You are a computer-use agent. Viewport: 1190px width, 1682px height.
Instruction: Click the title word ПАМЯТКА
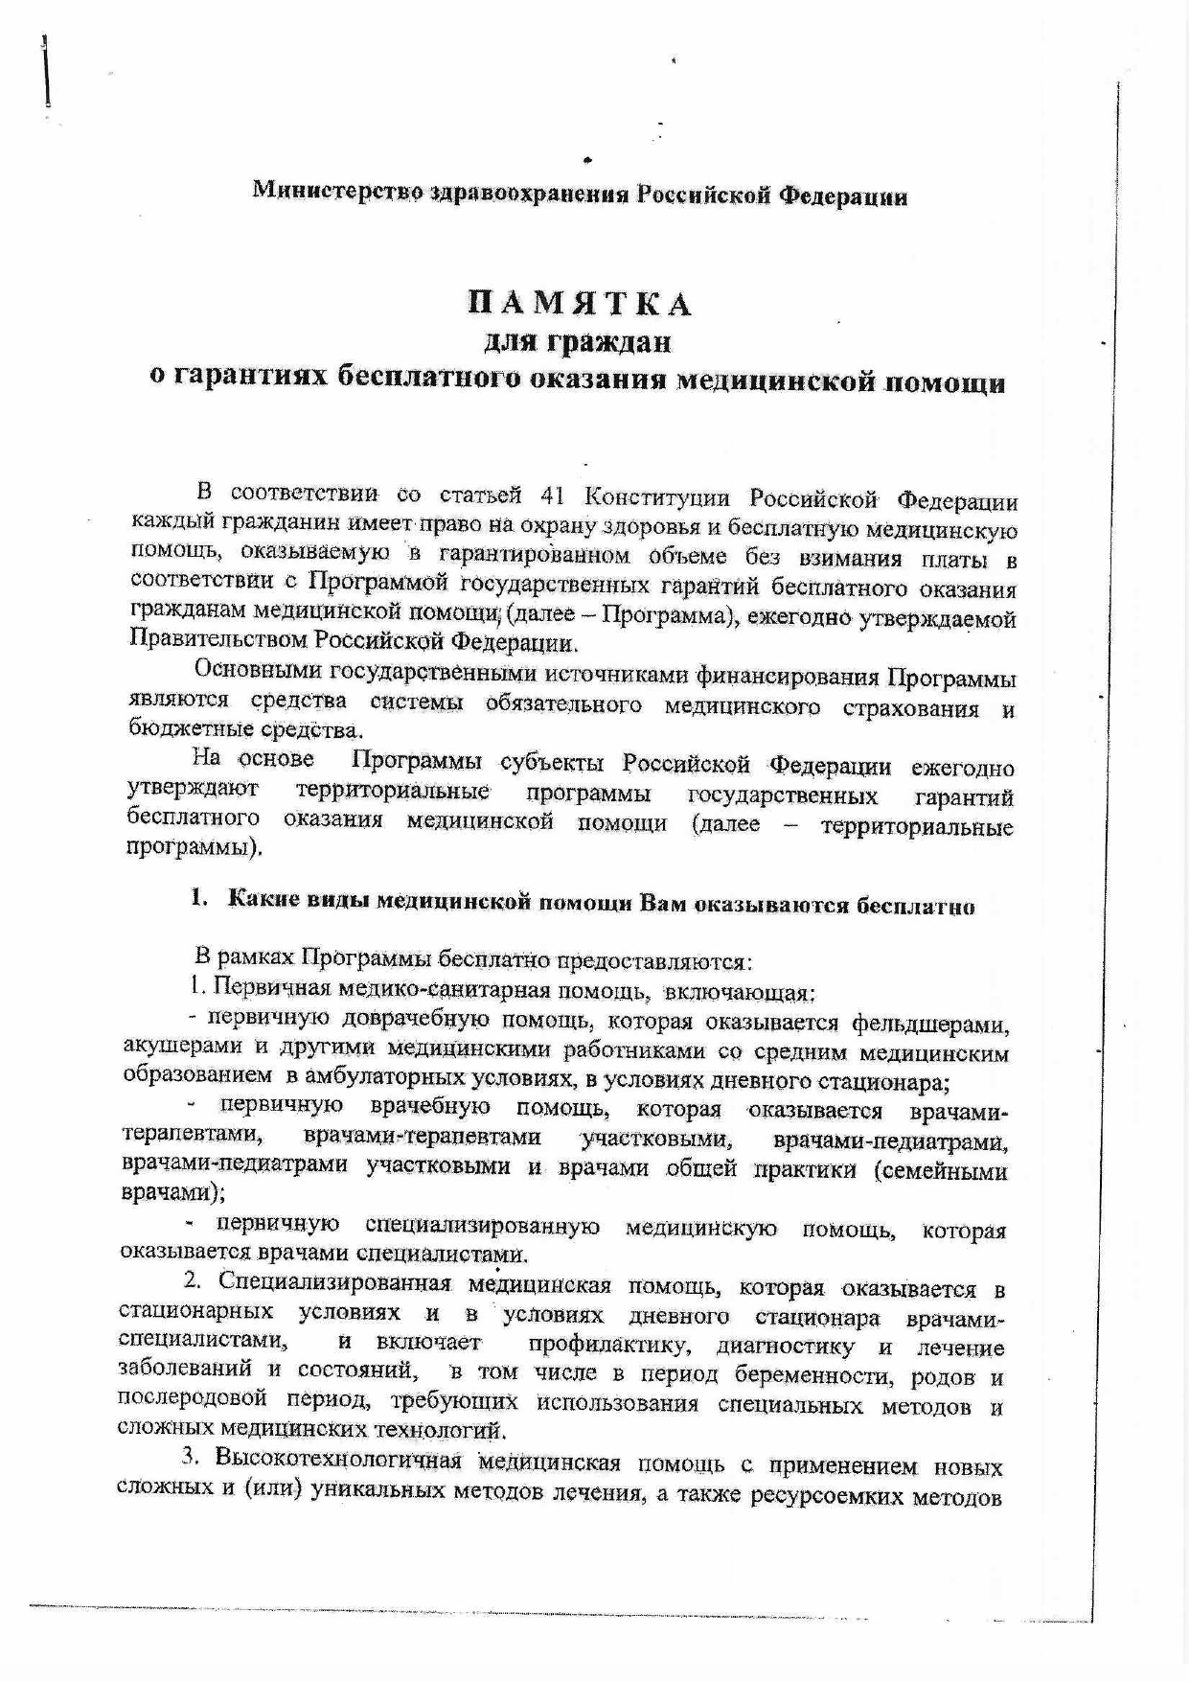pyautogui.click(x=580, y=304)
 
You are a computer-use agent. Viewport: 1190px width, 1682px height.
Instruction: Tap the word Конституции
pyautogui.click(x=656, y=498)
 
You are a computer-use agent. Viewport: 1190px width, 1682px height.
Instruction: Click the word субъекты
pyautogui.click(x=552, y=764)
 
